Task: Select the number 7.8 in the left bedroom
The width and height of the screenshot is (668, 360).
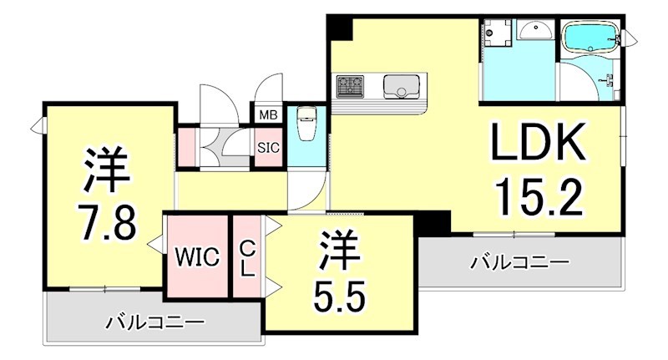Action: [x=108, y=224]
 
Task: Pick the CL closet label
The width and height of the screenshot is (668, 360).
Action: [x=247, y=256]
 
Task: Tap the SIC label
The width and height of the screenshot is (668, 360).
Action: [x=268, y=149]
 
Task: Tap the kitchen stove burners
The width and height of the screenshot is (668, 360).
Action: [x=351, y=87]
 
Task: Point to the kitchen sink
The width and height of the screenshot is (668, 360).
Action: [x=401, y=87]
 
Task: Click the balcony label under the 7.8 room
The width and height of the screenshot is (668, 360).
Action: [x=154, y=321]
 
